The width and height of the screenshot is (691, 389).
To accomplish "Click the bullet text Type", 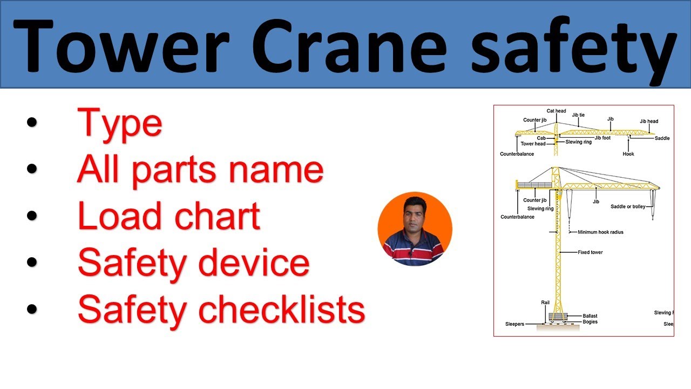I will pyautogui.click(x=119, y=123).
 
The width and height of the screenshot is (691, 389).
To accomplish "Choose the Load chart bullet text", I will pyautogui.click(x=169, y=216).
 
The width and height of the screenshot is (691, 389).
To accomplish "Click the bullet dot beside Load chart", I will pyautogui.click(x=32, y=216).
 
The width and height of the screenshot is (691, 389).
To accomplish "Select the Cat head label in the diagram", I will pyautogui.click(x=556, y=111).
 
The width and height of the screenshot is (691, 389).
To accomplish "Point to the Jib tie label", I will pyautogui.click(x=578, y=115).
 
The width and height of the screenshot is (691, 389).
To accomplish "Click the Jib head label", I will pyautogui.click(x=649, y=122).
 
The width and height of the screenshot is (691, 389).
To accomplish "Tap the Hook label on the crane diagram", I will pyautogui.click(x=628, y=154).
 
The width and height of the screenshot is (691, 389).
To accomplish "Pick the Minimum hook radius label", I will pyautogui.click(x=600, y=232).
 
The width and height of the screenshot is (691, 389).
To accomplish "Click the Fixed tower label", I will pyautogui.click(x=590, y=252).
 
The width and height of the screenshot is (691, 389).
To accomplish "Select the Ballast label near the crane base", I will pyautogui.click(x=590, y=316).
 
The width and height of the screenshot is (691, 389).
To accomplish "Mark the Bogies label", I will pyautogui.click(x=590, y=322).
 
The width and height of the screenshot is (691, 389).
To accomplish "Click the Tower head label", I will pyautogui.click(x=533, y=144).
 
